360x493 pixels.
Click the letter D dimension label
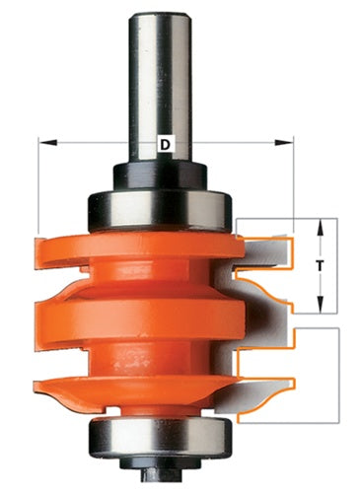(x=167, y=144)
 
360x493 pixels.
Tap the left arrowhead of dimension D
(x=48, y=143)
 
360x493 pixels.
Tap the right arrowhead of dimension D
(x=284, y=143)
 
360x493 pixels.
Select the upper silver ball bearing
(x=160, y=211)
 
